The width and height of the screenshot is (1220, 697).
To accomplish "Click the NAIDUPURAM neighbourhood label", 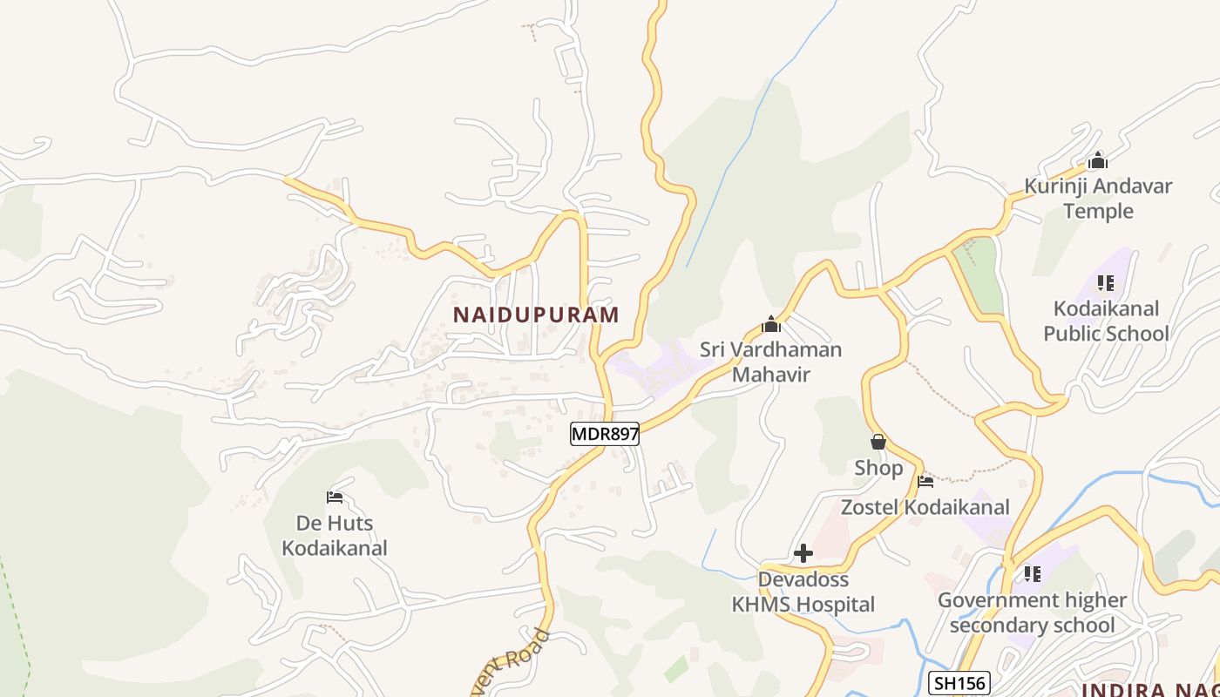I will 536,315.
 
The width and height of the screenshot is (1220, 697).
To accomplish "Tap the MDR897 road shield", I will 605,434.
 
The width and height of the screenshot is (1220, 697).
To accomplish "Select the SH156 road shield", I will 959,683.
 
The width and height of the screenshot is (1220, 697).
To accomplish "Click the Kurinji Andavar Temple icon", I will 1098,160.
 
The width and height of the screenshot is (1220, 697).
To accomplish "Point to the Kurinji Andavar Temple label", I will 1098,199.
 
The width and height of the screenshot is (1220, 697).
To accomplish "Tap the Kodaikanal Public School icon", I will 1105,283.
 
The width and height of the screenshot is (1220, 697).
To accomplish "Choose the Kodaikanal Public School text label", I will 1106,321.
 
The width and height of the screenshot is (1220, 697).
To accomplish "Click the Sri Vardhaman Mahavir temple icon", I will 770,325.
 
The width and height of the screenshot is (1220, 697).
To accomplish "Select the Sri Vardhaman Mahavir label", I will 770,362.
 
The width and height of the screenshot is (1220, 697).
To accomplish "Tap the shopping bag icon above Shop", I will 878,443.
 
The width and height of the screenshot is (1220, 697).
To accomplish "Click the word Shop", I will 878,468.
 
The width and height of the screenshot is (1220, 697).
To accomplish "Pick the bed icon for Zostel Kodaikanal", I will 925,481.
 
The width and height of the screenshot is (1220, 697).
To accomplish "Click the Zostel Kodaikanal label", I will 925,507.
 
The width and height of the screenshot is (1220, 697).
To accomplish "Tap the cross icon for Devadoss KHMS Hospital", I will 803,553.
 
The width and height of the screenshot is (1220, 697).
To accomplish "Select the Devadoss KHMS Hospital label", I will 803,592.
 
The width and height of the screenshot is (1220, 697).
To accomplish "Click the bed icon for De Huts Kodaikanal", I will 335,497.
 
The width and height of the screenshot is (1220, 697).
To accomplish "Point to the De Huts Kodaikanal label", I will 335,536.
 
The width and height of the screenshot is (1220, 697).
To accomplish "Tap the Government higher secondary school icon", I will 1032,574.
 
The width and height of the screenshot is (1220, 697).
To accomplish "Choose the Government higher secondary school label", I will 1032,612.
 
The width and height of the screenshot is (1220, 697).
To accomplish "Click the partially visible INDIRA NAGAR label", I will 1149,690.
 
